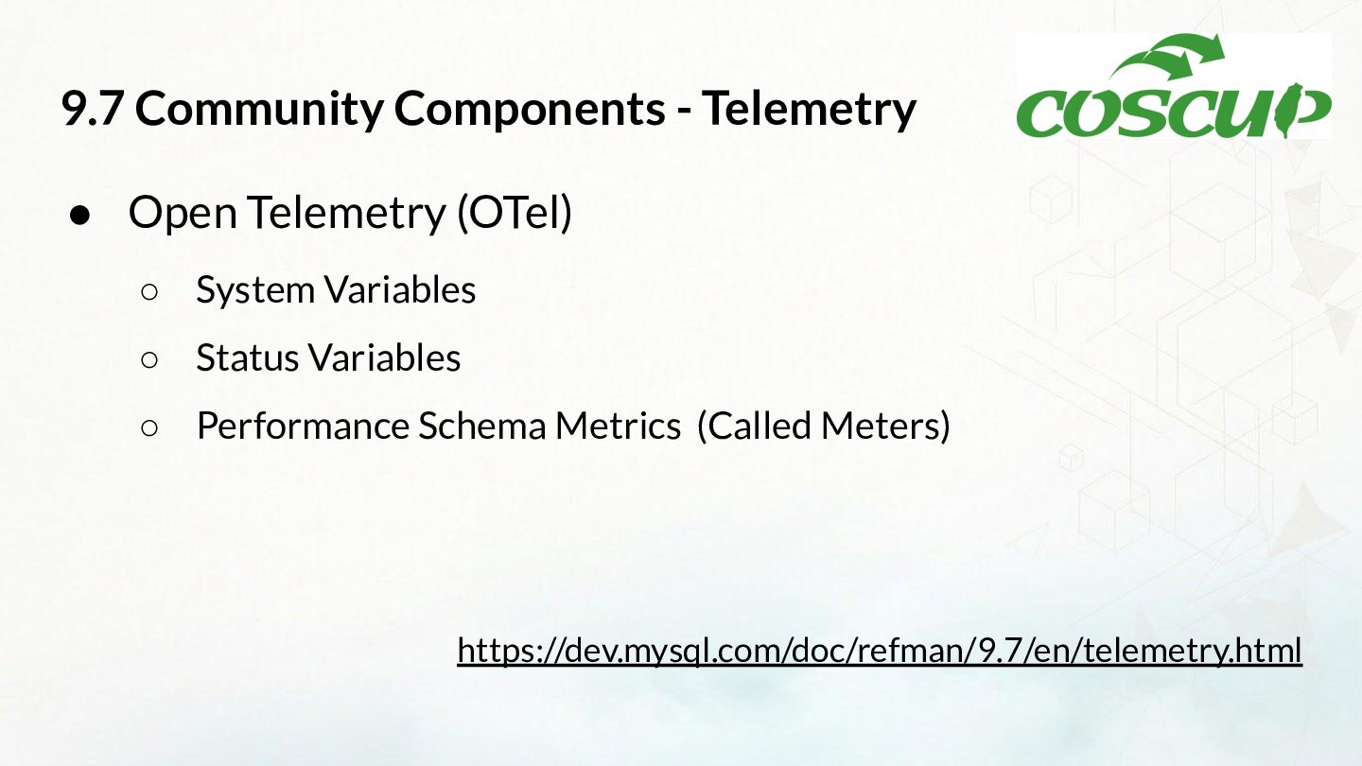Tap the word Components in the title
coord(530,111)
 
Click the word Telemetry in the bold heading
coord(810,110)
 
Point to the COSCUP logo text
coord(1174,113)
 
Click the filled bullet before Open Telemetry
coord(80,215)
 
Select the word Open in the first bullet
coord(183,213)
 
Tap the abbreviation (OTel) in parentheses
coord(515,213)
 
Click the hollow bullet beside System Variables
coord(149,292)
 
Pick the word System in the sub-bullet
coord(255,290)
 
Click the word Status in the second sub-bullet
coord(248,357)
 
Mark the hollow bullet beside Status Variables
coord(149,360)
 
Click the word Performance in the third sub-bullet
coord(304,426)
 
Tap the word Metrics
coord(618,426)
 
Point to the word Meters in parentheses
coord(885,426)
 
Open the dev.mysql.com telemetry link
coord(880,651)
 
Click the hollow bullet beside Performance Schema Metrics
coord(149,428)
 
